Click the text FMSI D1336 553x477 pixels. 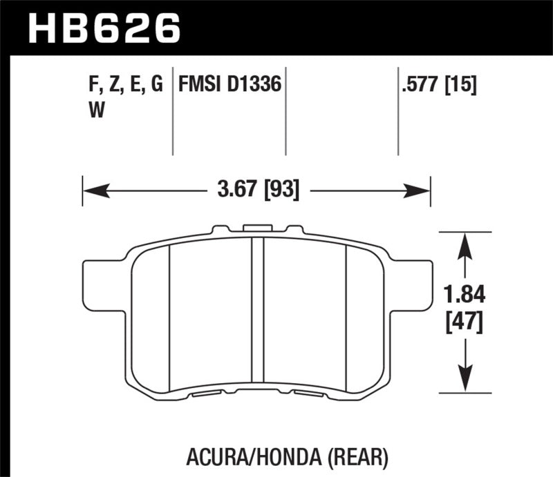pyautogui.click(x=229, y=86)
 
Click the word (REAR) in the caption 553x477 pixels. pyautogui.click(x=364, y=458)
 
